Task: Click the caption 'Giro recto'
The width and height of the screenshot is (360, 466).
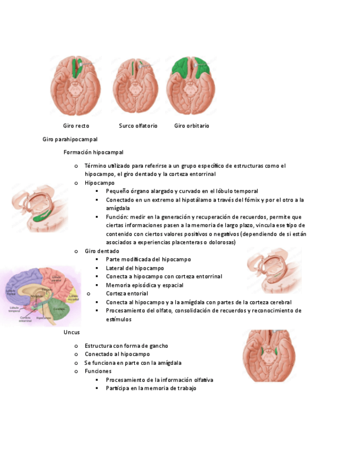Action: [x=76, y=126]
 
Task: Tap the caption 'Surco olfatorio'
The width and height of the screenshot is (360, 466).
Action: [x=138, y=126]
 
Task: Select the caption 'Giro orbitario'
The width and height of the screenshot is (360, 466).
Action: [x=192, y=126]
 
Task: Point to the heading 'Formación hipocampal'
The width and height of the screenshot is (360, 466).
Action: [x=93, y=152]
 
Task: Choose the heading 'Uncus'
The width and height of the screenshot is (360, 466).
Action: [x=71, y=332]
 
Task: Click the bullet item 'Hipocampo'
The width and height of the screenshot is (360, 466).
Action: [x=99, y=182]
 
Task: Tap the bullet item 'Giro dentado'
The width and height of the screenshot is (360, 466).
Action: [x=102, y=251]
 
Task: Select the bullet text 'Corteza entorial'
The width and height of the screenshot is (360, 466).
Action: [x=127, y=293]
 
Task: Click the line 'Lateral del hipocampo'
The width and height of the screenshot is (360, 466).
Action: [x=135, y=268]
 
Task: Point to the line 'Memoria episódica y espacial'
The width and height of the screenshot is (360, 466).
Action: [x=145, y=285]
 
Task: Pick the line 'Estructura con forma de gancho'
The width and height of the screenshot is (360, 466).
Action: [x=126, y=346]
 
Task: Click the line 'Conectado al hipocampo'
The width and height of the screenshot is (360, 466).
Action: [x=117, y=354]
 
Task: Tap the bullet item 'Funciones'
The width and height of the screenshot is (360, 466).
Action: [x=98, y=371]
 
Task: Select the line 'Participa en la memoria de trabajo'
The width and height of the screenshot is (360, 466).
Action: [x=151, y=389]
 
